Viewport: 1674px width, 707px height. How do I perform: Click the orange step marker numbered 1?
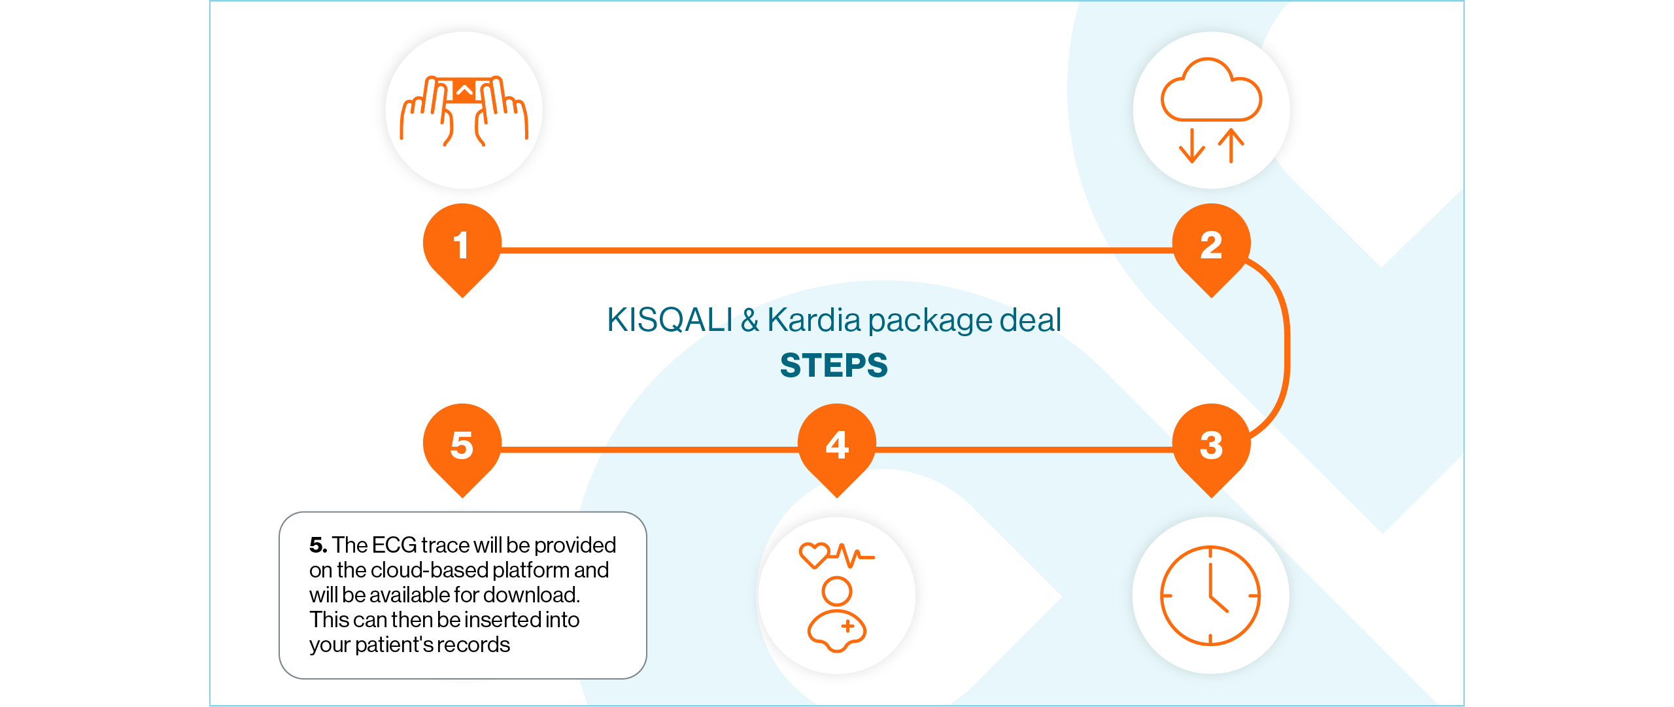tap(462, 246)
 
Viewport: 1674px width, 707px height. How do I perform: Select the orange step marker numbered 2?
tap(1211, 246)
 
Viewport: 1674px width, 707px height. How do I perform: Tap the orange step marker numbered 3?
tap(1211, 446)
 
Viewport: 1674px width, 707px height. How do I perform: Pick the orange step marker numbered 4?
tap(837, 446)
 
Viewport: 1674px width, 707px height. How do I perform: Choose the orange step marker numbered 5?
tap(462, 446)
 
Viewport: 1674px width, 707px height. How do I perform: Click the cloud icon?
tap(1211, 92)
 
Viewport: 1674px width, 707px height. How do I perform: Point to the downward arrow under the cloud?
tap(1192, 146)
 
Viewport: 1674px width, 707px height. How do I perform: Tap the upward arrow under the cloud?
tap(1231, 146)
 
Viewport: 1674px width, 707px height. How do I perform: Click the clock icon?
tap(1210, 596)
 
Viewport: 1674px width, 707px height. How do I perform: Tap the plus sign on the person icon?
tap(848, 626)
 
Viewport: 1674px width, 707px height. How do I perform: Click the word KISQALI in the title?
tap(670, 320)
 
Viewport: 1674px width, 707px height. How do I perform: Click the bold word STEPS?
tap(834, 365)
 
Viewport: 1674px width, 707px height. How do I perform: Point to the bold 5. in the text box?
tap(318, 545)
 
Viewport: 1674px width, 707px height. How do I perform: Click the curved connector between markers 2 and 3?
tap(1286, 347)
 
